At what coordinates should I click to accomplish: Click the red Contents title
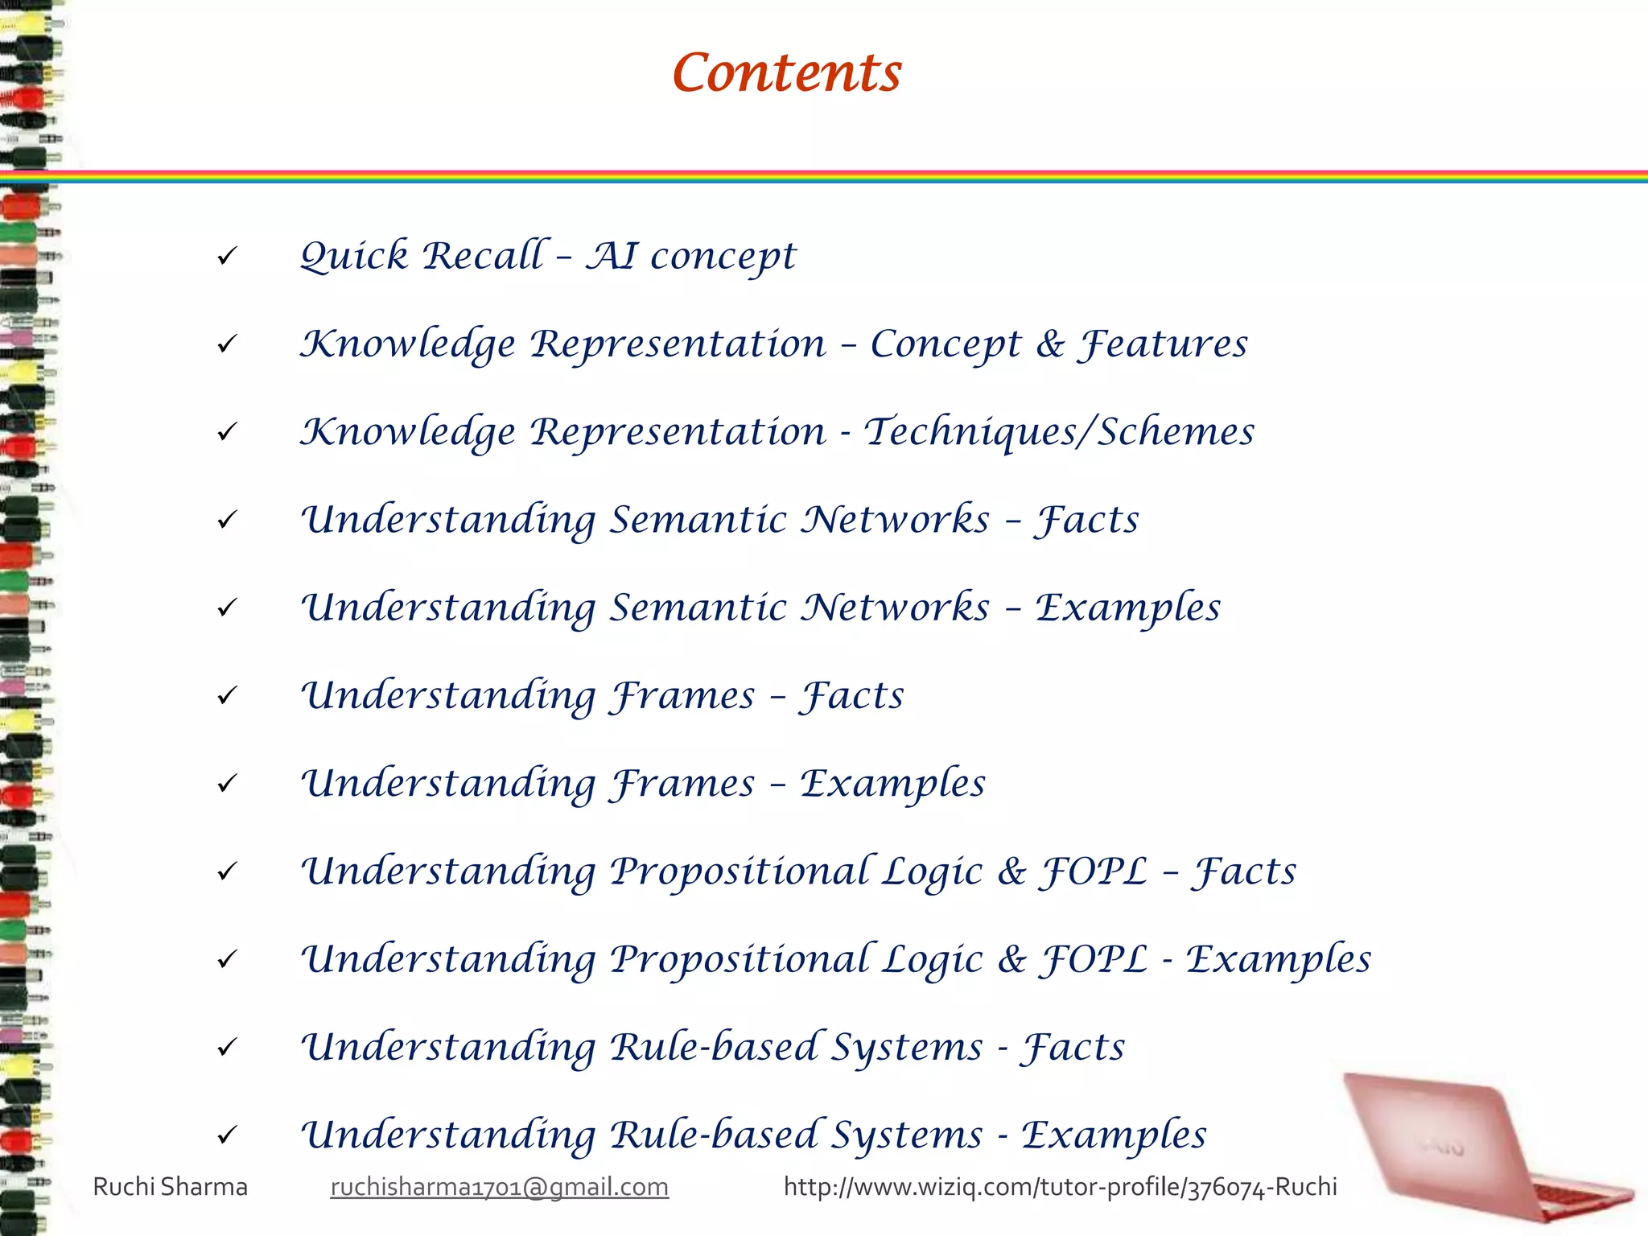(786, 73)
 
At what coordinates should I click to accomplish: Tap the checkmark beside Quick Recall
(227, 257)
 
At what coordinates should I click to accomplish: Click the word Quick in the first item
(354, 257)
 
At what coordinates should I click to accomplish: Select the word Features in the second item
(1164, 344)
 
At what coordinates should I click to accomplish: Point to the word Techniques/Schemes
(1059, 432)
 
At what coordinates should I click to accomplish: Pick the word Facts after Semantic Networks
(1087, 520)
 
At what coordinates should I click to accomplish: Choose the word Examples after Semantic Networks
(1127, 608)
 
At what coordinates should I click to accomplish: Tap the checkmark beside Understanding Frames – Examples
(227, 784)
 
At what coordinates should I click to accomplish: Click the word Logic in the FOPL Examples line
(932, 959)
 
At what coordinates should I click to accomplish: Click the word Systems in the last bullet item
(906, 1135)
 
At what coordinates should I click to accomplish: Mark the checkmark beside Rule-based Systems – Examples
(227, 1135)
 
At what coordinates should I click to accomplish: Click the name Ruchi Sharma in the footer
(170, 1187)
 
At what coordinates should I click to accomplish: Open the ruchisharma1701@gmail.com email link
(499, 1187)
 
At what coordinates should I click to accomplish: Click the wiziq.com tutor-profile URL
(1060, 1187)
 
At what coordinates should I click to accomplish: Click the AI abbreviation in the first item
(611, 257)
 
